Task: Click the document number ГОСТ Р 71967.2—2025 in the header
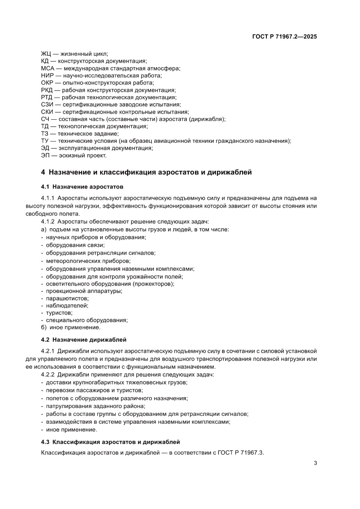[x=284, y=37]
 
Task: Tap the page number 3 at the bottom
[x=315, y=463]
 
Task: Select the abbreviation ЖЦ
[x=46, y=54]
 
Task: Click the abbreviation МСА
[x=47, y=68]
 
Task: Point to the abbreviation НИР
[x=47, y=75]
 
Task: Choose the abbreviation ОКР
[x=47, y=83]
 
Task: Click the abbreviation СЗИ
[x=47, y=104]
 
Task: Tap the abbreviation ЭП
[x=45, y=155]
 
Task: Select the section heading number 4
[x=43, y=172]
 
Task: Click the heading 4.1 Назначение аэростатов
[x=82, y=187]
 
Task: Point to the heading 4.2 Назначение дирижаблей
[x=84, y=340]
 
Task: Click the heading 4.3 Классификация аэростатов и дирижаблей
[x=110, y=442]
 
